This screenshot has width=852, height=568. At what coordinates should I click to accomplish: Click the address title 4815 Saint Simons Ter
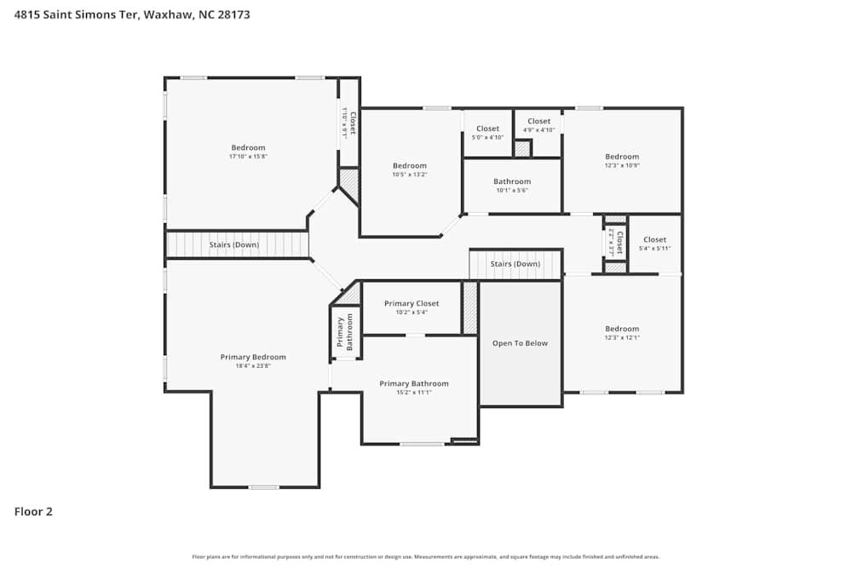pyautogui.click(x=132, y=14)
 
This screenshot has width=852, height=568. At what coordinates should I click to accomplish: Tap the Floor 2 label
pyautogui.click(x=33, y=512)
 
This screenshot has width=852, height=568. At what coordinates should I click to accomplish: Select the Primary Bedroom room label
pyautogui.click(x=253, y=357)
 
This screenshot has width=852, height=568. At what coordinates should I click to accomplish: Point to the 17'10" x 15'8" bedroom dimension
pyautogui.click(x=248, y=157)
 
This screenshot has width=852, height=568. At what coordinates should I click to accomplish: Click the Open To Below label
pyautogui.click(x=520, y=343)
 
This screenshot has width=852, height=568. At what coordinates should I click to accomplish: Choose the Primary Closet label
pyautogui.click(x=412, y=303)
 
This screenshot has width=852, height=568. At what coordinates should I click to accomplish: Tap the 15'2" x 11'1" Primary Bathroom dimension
pyautogui.click(x=413, y=393)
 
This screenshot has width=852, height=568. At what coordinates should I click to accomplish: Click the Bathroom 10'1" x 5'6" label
pyautogui.click(x=512, y=181)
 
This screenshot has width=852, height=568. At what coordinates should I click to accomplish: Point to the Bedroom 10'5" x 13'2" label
pyautogui.click(x=410, y=166)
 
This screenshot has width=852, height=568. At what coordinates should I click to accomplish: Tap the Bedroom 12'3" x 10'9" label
pyautogui.click(x=622, y=157)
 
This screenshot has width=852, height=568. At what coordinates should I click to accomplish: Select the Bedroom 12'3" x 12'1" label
pyautogui.click(x=622, y=329)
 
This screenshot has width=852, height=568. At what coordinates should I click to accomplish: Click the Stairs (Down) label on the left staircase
pyautogui.click(x=234, y=245)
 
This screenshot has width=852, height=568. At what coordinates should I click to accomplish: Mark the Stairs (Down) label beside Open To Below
pyautogui.click(x=515, y=264)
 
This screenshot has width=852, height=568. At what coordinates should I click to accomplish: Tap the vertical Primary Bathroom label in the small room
pyautogui.click(x=344, y=333)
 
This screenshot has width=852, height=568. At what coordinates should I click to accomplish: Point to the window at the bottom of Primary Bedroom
pyautogui.click(x=264, y=487)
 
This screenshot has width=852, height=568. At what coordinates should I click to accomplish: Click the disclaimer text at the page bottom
pyautogui.click(x=426, y=557)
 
